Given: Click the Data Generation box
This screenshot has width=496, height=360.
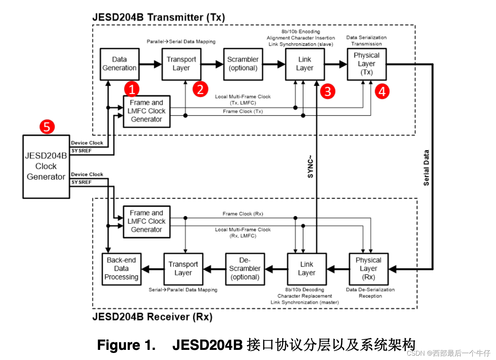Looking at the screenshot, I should (x=119, y=64).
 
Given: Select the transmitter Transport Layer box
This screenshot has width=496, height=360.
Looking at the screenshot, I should (x=181, y=64).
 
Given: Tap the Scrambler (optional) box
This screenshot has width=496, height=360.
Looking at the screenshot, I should (x=243, y=64).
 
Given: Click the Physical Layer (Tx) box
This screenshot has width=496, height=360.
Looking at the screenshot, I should (x=367, y=64).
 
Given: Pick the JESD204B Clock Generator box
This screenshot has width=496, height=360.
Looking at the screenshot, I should (x=46, y=167).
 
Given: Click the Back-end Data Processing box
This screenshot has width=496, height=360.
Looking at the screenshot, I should (x=121, y=269).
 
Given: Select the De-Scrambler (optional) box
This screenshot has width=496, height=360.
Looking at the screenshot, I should (x=245, y=269).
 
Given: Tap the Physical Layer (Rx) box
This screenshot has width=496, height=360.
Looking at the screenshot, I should (x=368, y=269).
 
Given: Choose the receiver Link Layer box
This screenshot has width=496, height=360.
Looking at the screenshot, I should (x=307, y=269).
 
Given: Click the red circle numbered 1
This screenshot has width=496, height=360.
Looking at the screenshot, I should (x=132, y=89).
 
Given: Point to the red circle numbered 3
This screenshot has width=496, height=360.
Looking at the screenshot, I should (x=328, y=91).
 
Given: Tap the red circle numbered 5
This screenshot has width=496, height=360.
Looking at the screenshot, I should (x=47, y=127).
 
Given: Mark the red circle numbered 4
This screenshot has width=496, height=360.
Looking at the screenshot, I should (x=382, y=91).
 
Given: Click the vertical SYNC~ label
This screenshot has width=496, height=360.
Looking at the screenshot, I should (x=310, y=167).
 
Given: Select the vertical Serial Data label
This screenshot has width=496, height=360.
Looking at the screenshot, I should (x=427, y=168).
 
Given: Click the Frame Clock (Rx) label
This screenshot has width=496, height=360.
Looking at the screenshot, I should (x=243, y=214).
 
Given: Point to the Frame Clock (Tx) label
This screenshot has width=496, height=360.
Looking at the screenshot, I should (x=243, y=111).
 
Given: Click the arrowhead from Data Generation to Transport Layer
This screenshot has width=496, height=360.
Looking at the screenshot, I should (x=158, y=64).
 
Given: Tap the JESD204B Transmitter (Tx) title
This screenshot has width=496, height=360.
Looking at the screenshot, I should (x=158, y=17).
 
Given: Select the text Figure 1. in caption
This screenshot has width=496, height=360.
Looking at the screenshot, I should (x=126, y=345).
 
